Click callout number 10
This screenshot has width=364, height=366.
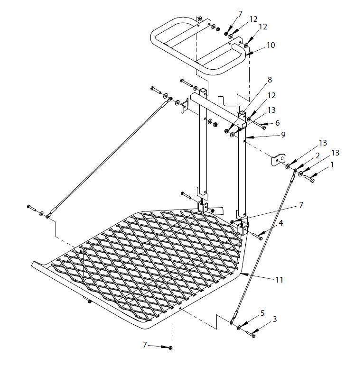coord(271,46)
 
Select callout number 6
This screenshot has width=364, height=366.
coord(277,123)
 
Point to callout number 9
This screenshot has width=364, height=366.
coord(283,135)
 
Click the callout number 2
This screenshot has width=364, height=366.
coord(317,156)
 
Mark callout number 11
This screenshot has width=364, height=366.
coord(279,280)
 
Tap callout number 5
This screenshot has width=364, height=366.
coord(262,313)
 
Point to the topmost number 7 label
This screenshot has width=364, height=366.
coord(240,14)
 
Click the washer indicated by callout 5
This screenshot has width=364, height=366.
coord(239,328)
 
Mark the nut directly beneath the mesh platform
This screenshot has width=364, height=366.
coord(88,302)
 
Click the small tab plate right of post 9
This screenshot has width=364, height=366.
coord(279,159)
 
